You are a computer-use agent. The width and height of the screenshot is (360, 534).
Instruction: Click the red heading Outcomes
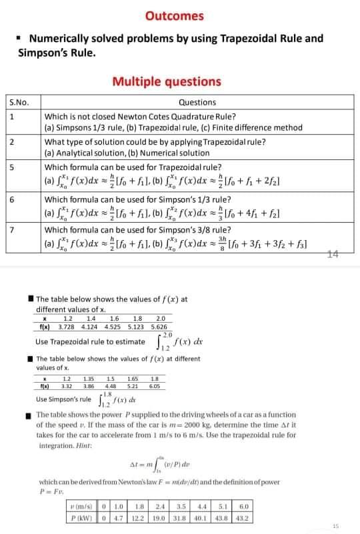pos(174,16)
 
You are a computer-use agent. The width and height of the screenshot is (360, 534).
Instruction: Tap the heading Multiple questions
pos(167,82)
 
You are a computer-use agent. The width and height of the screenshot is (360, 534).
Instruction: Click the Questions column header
pos(197,102)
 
